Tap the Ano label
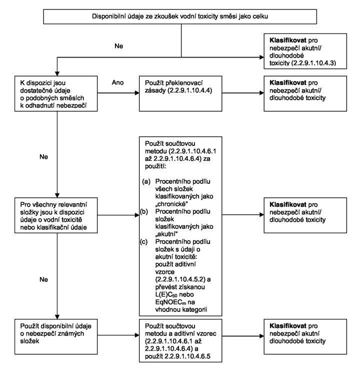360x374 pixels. tap(117, 83)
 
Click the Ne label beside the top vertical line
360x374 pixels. tap(119, 46)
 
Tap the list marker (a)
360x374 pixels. tap(146, 182)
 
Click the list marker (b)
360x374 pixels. tap(144, 212)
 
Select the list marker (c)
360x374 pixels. tap(143, 242)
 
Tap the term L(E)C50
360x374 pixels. tap(166, 294)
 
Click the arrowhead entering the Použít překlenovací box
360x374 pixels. tap(137, 93)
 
